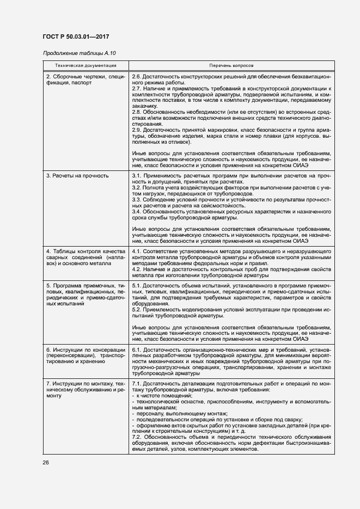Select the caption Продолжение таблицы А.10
pos(79,53)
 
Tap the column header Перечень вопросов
pos(231,65)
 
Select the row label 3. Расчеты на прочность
pos(77,176)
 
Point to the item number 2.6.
pos(137,77)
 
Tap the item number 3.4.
pos(137,211)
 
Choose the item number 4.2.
pos(137,268)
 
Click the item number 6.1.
pos(137,349)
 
